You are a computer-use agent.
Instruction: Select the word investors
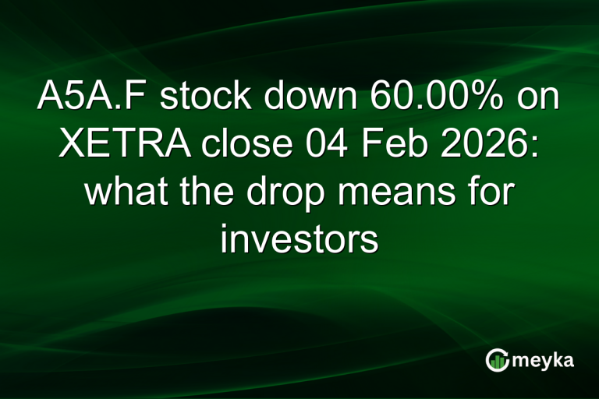pyautogui.click(x=299, y=238)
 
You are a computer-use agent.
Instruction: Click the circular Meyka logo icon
pyautogui.click(x=497, y=360)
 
